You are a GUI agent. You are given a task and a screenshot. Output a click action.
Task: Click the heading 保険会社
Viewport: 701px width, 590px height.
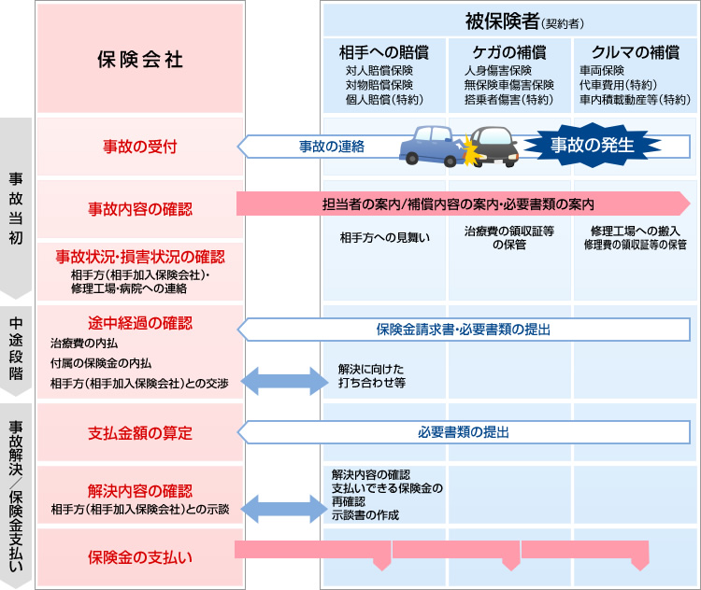[140, 59]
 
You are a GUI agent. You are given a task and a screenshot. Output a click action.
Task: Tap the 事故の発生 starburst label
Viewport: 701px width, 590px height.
[591, 145]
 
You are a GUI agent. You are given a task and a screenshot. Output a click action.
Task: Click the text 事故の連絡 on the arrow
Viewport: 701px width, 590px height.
[331, 147]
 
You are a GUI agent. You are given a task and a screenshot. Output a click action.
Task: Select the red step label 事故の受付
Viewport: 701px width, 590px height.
[140, 146]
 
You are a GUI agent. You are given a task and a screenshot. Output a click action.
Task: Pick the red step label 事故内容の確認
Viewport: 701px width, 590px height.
[140, 207]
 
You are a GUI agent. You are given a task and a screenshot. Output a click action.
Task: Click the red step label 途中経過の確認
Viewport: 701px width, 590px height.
[140, 323]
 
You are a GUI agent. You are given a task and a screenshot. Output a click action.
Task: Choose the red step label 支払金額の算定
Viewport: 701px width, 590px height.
[140, 432]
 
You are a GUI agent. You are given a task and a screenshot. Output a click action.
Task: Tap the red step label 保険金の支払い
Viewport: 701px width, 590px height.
[140, 557]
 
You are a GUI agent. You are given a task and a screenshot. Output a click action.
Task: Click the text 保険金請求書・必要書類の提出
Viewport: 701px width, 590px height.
[464, 330]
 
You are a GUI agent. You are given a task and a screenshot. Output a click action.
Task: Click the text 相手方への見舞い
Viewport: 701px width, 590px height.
[384, 237]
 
